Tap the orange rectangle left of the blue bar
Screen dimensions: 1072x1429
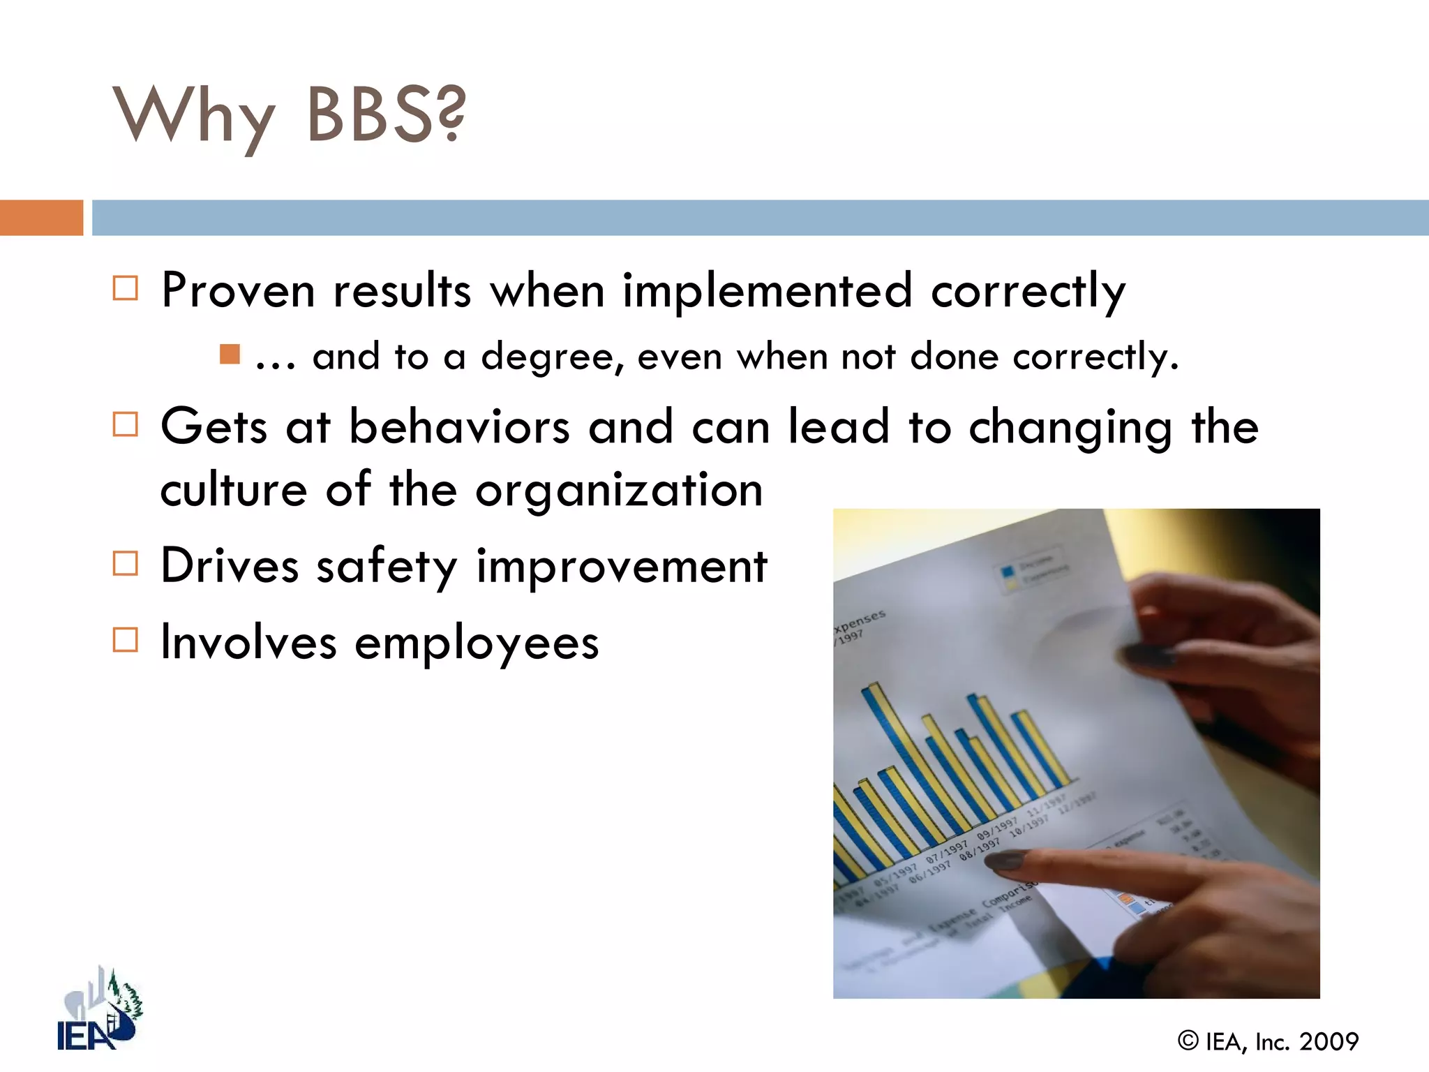pyautogui.click(x=41, y=218)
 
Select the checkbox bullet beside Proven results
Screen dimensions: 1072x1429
pyautogui.click(x=126, y=288)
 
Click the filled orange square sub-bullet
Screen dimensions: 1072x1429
pyautogui.click(x=230, y=355)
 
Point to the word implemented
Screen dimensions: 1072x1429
pyautogui.click(x=767, y=290)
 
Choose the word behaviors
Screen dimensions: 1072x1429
pyautogui.click(x=459, y=426)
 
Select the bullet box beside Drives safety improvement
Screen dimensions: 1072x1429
pyautogui.click(x=126, y=563)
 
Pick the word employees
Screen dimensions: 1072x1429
pyautogui.click(x=477, y=643)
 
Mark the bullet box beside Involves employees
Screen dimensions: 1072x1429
pyautogui.click(x=126, y=639)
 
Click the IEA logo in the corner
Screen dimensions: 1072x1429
pyautogui.click(x=98, y=1010)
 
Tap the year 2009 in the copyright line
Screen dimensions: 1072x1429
pyautogui.click(x=1329, y=1042)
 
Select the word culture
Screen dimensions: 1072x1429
pyautogui.click(x=234, y=491)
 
